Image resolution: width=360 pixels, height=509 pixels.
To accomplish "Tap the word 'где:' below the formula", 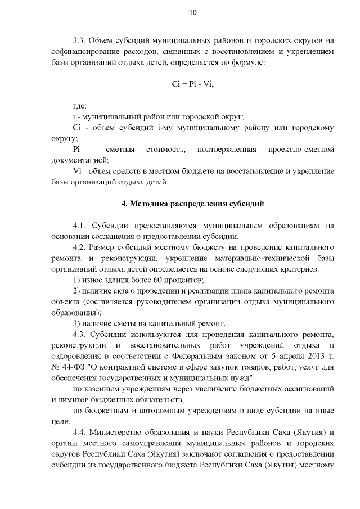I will click(x=80, y=106).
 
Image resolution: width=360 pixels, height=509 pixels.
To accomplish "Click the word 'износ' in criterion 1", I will click(x=92, y=280).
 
